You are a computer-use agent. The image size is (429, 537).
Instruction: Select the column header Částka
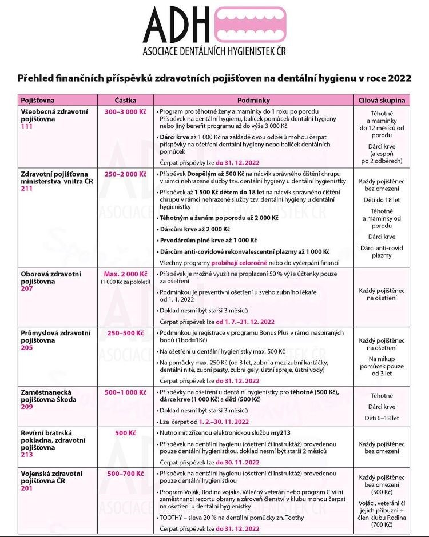[x=125, y=100]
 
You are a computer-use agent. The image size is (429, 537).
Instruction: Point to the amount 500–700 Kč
[x=125, y=474]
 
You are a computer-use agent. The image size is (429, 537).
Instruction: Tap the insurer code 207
[x=26, y=288]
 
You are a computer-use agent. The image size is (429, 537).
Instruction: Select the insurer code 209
[x=26, y=407]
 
